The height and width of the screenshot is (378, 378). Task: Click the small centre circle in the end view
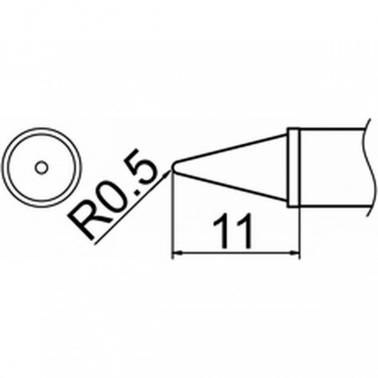tap(42, 167)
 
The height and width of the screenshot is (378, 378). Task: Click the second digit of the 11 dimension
tap(245, 232)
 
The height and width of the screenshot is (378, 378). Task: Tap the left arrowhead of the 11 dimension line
tap(177, 253)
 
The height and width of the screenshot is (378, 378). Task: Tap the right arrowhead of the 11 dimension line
tap(294, 253)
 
